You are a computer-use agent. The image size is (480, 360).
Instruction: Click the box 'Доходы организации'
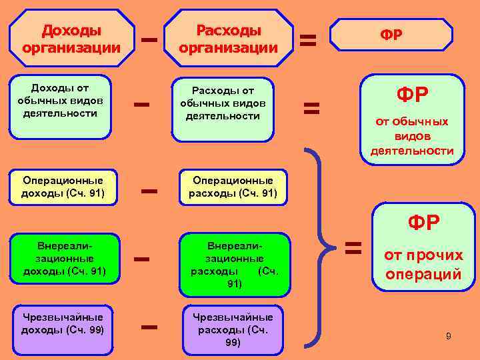(x=71, y=38)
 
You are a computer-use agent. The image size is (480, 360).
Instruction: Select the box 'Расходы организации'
(x=229, y=38)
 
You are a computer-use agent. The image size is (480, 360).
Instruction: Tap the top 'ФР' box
(x=391, y=35)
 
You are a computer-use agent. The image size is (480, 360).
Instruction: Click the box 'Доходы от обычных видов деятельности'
(x=60, y=105)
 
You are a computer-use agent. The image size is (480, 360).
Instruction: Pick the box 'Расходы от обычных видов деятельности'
(x=223, y=109)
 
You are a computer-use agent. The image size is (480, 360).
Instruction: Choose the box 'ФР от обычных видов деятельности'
(x=412, y=119)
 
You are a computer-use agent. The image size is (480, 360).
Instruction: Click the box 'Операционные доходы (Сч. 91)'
(x=63, y=187)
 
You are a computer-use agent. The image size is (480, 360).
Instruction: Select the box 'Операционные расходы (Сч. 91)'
(x=233, y=187)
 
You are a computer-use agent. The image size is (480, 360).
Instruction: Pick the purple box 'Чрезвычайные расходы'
(x=233, y=329)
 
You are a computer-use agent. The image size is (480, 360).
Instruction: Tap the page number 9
(x=449, y=336)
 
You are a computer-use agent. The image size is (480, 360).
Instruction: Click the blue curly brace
(x=325, y=248)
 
